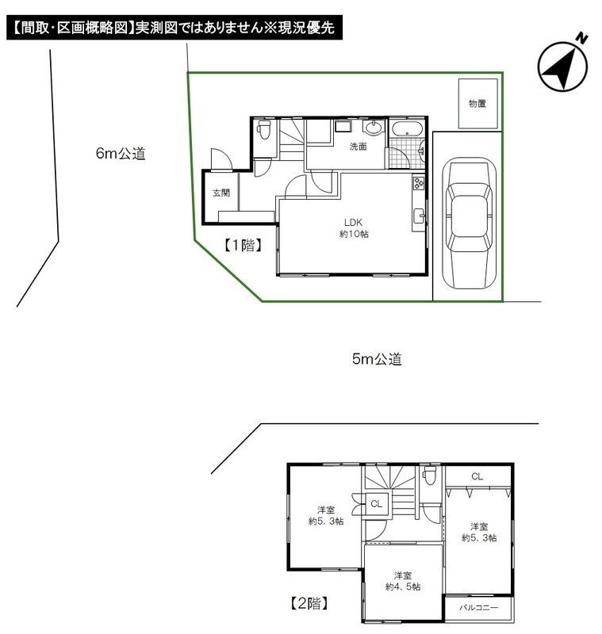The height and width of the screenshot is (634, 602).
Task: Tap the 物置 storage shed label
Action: click(477, 103)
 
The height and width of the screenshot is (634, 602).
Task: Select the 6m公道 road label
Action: click(121, 155)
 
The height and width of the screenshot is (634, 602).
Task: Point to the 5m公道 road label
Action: click(377, 359)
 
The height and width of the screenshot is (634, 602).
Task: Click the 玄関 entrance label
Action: click(220, 193)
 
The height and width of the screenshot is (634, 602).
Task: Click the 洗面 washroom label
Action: click(359, 147)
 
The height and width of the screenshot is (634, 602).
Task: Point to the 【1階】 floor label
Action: click(242, 246)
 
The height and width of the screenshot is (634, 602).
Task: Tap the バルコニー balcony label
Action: click(478, 609)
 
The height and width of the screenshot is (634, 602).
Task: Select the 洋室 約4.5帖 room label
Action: click(402, 581)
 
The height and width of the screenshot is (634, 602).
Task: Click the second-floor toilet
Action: click(430, 478)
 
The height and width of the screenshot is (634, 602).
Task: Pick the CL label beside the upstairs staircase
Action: click(376, 503)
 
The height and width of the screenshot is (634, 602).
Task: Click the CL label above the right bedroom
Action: click(477, 476)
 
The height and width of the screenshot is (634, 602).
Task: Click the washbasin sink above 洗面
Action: click(374, 128)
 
